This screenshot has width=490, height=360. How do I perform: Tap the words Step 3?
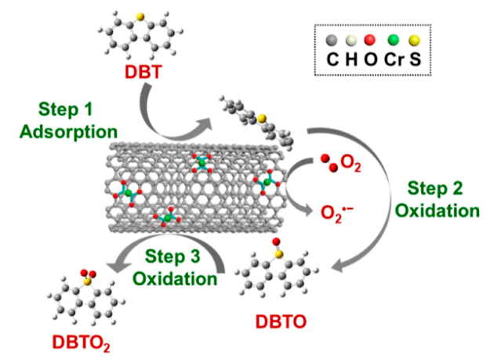pyautogui.click(x=174, y=256)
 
